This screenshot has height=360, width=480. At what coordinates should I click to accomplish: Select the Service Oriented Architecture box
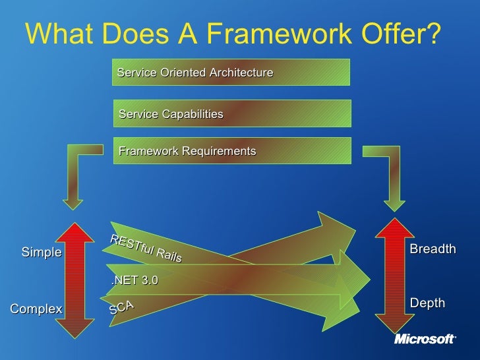pos(231,73)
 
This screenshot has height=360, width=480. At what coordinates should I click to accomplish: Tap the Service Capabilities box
pos(232,113)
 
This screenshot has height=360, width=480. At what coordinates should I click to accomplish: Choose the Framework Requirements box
pos(232,151)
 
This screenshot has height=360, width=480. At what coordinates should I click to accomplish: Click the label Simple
pos(42,253)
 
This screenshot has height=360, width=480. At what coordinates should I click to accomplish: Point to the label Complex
pos(36,309)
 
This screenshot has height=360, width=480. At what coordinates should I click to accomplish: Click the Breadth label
pos(433,249)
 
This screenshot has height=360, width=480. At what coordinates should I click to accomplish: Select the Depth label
pos(427,303)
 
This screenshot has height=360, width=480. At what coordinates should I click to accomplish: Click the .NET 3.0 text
pos(135,280)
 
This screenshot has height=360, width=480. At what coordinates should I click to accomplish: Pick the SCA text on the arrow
pos(122,307)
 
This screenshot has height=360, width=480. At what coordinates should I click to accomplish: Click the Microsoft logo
pos(425,339)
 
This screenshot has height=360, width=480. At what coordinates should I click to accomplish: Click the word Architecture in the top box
pos(241,73)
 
